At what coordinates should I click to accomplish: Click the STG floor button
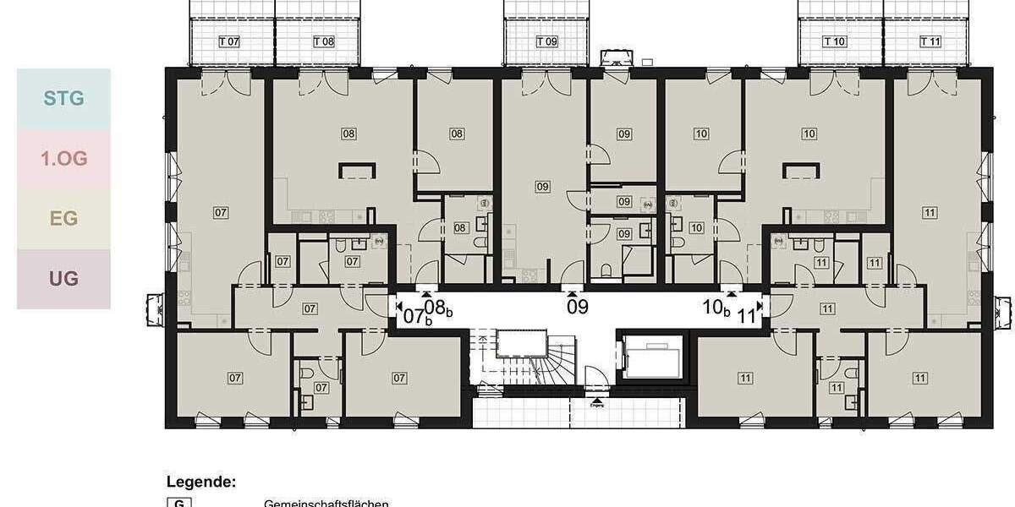click(x=63, y=98)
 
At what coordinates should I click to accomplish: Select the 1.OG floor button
click(x=63, y=158)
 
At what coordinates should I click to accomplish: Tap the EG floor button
click(x=63, y=219)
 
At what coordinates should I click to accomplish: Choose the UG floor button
click(x=63, y=278)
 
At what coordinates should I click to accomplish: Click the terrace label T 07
click(x=229, y=41)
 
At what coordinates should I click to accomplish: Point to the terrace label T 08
click(x=323, y=41)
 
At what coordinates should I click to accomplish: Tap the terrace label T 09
click(x=547, y=41)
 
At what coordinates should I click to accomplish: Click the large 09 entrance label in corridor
click(x=578, y=307)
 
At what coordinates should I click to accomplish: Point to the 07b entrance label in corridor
click(x=415, y=318)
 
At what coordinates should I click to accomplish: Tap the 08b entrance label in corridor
click(x=438, y=308)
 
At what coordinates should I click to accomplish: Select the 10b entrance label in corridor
click(x=716, y=308)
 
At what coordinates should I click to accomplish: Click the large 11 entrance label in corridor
click(x=746, y=318)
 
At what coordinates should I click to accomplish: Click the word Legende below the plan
click(x=200, y=482)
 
